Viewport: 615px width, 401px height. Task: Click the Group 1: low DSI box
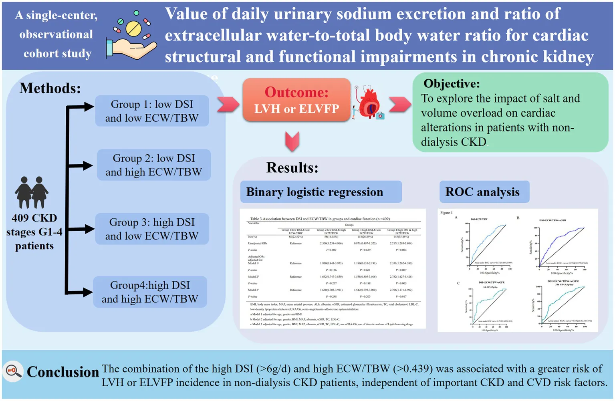click(152, 111)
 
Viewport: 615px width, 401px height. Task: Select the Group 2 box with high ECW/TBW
click(154, 165)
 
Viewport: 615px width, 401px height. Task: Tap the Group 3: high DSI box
click(152, 229)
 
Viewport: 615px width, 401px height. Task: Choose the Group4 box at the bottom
click(150, 292)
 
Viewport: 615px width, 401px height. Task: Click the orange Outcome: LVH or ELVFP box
click(296, 100)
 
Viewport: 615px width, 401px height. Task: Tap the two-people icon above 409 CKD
click(32, 193)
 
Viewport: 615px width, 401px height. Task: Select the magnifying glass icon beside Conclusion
click(13, 371)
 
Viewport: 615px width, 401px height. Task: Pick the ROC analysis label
click(483, 192)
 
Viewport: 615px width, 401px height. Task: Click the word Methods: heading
click(50, 88)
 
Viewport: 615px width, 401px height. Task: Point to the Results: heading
click(292, 167)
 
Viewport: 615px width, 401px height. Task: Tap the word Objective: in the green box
click(452, 83)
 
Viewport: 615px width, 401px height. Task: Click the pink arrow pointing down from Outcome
click(292, 141)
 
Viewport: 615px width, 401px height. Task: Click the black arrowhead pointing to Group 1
click(88, 107)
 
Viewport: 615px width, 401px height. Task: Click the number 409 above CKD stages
click(20, 218)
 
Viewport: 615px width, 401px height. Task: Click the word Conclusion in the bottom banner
click(63, 372)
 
